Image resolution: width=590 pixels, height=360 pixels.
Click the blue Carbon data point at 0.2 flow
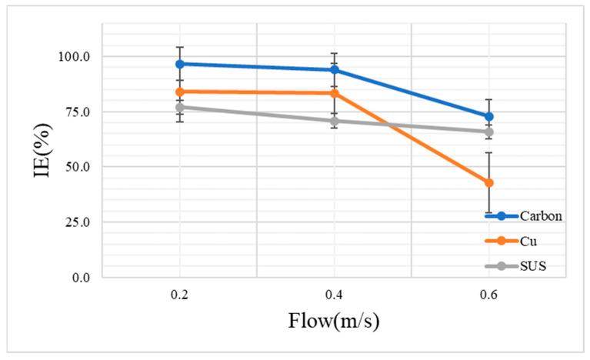(179, 64)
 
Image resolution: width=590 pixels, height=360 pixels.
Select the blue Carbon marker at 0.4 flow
(334, 70)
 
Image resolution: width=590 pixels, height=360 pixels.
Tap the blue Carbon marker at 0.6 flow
(488, 117)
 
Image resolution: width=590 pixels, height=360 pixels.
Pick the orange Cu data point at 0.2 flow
(179, 92)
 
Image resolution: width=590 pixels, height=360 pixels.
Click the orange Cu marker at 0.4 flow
(334, 93)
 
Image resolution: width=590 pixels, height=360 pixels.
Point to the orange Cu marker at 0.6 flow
(488, 182)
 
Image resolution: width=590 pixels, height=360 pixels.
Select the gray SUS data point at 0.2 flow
(179, 107)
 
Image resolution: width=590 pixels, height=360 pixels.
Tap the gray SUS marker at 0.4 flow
(334, 121)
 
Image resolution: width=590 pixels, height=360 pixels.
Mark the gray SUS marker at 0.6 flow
(488, 132)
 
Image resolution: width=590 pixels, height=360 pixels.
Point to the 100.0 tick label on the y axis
(75, 57)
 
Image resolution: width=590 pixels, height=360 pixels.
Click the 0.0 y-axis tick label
(80, 278)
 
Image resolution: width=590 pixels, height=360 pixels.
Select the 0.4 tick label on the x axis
(334, 294)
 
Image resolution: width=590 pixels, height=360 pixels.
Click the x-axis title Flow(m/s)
(333, 319)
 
